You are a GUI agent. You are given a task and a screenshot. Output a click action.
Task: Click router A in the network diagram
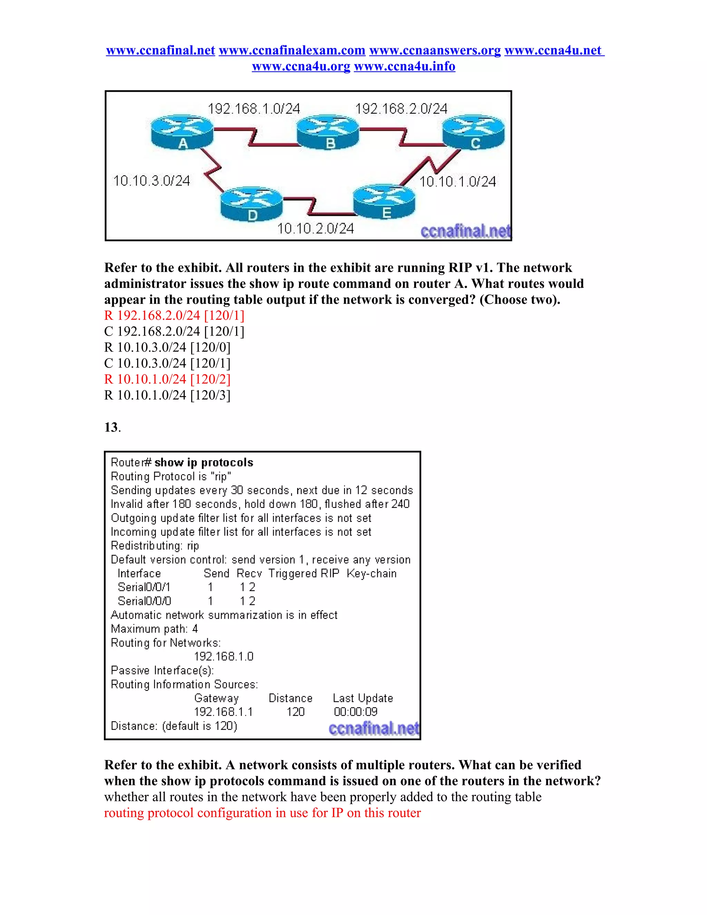[x=182, y=132]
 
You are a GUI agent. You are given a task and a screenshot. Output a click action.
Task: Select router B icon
[x=328, y=132]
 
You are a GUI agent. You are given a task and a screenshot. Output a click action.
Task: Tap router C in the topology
[x=474, y=132]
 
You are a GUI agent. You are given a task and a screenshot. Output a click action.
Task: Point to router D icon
[x=252, y=204]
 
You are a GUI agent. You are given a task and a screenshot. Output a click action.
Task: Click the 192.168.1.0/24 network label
[x=254, y=109]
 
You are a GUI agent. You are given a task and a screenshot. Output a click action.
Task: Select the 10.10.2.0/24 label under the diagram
[x=316, y=229]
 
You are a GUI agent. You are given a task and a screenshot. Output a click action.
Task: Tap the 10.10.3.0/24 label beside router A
[x=152, y=181]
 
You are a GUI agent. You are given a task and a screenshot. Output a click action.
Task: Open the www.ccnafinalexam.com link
[x=292, y=50]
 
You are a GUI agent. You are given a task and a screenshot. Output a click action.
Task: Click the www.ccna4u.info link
[x=404, y=66]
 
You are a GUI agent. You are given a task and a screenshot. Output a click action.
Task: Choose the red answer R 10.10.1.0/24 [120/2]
[x=167, y=379]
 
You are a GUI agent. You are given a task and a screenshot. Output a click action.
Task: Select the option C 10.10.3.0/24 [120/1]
[x=167, y=363]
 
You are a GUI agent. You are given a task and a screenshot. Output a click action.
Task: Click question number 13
[x=112, y=427]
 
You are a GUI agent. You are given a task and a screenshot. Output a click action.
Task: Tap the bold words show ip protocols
[x=204, y=463]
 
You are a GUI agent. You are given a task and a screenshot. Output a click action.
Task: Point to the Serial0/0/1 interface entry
[x=144, y=587]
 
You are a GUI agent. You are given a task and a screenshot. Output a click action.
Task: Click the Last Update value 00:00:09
[x=356, y=712]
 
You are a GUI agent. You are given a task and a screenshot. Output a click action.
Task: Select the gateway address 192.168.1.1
[x=223, y=712]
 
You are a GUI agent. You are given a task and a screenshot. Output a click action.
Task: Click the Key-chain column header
[x=371, y=574]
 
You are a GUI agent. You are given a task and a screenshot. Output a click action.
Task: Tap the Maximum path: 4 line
[x=154, y=629]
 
